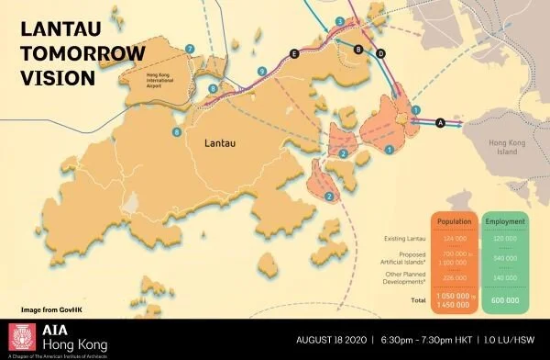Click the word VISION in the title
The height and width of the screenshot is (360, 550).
point(51,78)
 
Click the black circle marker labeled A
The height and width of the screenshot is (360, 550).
point(440,121)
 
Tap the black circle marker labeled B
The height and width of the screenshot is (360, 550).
point(357,49)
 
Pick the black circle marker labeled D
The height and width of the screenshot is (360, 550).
point(380,52)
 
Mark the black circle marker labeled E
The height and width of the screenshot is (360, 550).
point(293,55)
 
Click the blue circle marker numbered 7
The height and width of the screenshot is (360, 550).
point(190,48)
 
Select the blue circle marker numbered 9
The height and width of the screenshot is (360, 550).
point(262,71)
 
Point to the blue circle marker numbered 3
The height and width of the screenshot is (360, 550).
point(340,21)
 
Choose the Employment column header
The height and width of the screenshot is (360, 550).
point(505,221)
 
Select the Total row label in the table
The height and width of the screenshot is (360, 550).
point(419,300)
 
